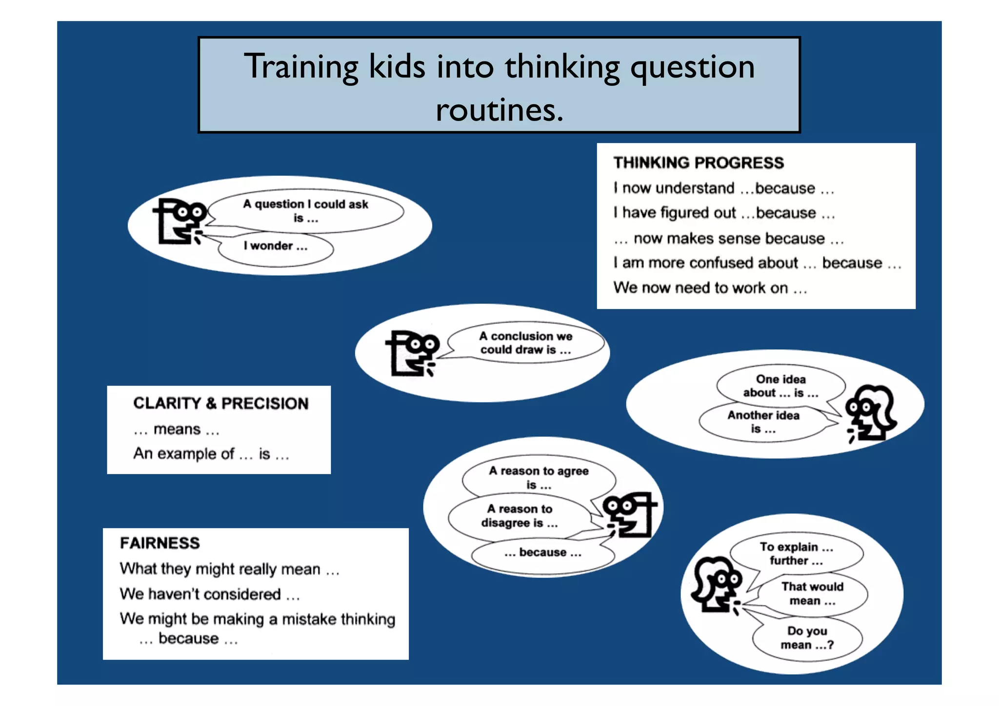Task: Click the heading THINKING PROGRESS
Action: pyautogui.click(x=698, y=162)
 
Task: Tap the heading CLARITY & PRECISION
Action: pyautogui.click(x=220, y=403)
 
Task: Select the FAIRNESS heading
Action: pyautogui.click(x=160, y=543)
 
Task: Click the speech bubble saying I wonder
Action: pyautogui.click(x=276, y=246)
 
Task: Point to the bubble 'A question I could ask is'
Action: pyautogui.click(x=306, y=211)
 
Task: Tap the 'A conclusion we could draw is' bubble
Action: pyautogui.click(x=525, y=343)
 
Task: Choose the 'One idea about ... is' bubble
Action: pyautogui.click(x=780, y=386)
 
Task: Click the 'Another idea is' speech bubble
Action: pyautogui.click(x=763, y=422)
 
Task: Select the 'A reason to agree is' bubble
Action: pyautogui.click(x=539, y=478)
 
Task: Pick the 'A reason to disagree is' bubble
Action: pyautogui.click(x=519, y=516)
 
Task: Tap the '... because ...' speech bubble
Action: pyautogui.click(x=543, y=553)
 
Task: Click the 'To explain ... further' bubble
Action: pyautogui.click(x=796, y=554)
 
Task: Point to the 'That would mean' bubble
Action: pyautogui.click(x=812, y=594)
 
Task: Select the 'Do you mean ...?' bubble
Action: pyautogui.click(x=807, y=638)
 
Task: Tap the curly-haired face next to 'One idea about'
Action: pyautogui.click(x=871, y=413)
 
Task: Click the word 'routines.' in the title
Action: pyautogui.click(x=499, y=110)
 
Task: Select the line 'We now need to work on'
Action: pyautogui.click(x=710, y=288)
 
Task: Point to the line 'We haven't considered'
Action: pyautogui.click(x=209, y=594)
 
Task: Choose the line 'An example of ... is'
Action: pyautogui.click(x=211, y=454)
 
